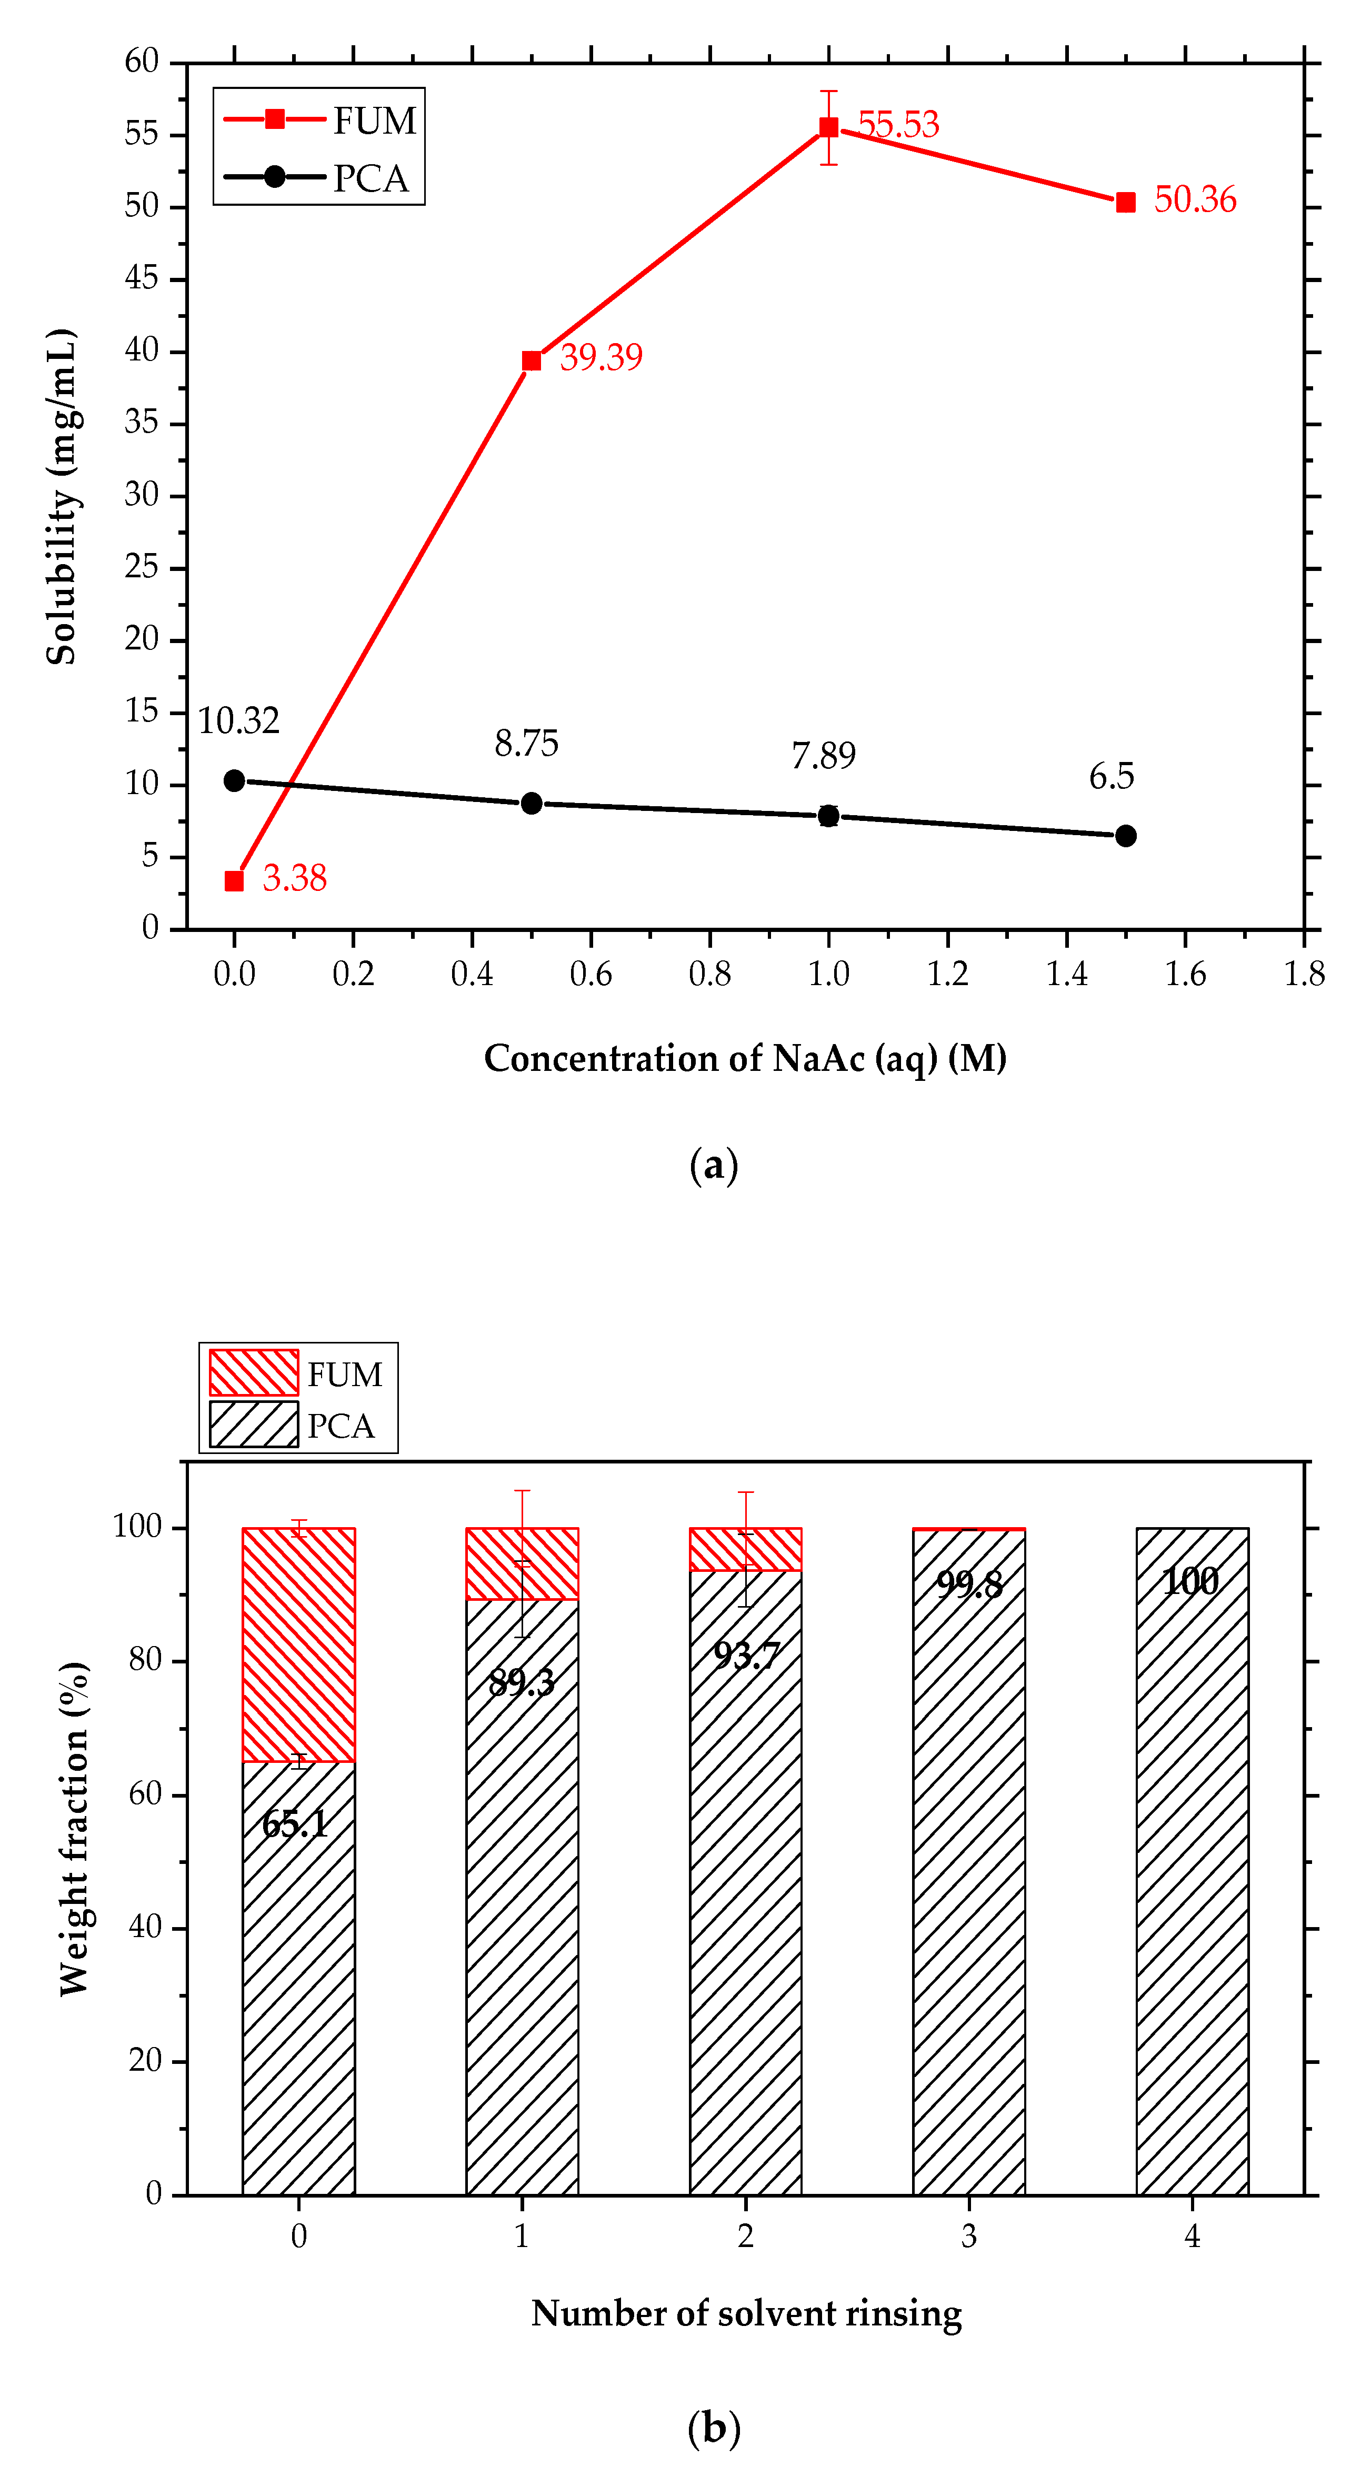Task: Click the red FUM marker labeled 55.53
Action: (828, 128)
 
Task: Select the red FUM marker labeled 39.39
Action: (531, 360)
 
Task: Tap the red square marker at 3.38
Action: (234, 881)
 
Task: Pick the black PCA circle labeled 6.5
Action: (1125, 836)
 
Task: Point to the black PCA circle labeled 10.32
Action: (234, 781)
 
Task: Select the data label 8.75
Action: (526, 743)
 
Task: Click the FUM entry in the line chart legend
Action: (317, 120)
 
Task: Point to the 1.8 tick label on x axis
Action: (1304, 974)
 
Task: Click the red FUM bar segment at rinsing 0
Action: (298, 1644)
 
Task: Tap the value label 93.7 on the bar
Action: (745, 1656)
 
